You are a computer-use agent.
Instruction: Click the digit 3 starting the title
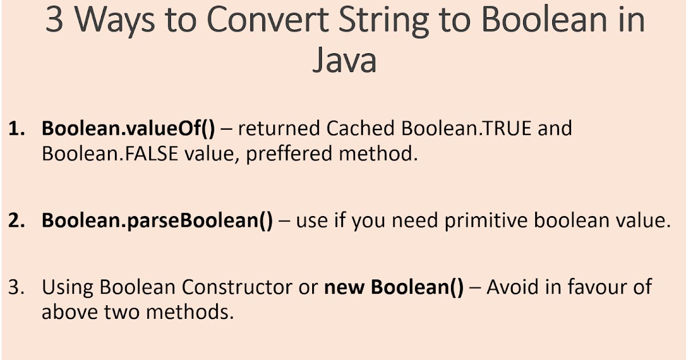coord(55,20)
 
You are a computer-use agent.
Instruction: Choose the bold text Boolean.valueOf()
coord(128,129)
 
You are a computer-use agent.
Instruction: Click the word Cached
coord(361,129)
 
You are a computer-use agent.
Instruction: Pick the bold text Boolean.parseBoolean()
coord(157,220)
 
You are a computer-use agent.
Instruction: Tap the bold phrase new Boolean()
coord(394,287)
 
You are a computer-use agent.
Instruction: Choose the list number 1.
coord(15,129)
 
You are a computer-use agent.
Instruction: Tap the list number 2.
coord(15,220)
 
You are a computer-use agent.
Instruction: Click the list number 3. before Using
coord(15,287)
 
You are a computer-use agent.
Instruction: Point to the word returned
coord(279,129)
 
